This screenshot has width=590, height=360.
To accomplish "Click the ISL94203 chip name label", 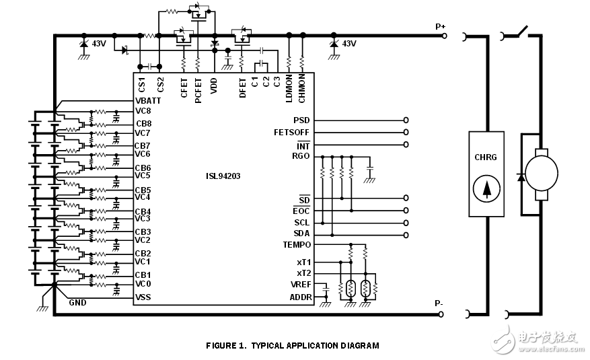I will (x=223, y=177).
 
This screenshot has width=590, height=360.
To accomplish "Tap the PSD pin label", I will (x=301, y=120).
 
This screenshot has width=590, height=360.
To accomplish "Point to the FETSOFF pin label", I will (x=292, y=133).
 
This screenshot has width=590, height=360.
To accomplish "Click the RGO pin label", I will (x=301, y=156).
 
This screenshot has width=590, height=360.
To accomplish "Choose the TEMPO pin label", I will (x=297, y=245).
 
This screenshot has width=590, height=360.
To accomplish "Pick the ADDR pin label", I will (x=299, y=297).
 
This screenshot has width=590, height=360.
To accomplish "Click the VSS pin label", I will (x=143, y=297).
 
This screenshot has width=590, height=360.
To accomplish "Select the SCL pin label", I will (x=301, y=223).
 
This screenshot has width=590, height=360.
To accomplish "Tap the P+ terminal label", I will (x=441, y=26).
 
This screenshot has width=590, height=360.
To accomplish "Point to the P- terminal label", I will (x=439, y=303).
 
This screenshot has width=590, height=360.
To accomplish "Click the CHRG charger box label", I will (x=486, y=157).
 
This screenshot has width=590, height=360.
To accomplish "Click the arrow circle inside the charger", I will (x=486, y=190).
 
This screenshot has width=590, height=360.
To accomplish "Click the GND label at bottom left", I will (x=77, y=303).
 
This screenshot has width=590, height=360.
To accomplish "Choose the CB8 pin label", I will (x=143, y=124).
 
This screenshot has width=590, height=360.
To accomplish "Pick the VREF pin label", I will (x=299, y=285).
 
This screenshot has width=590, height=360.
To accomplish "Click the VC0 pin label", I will (x=143, y=283).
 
